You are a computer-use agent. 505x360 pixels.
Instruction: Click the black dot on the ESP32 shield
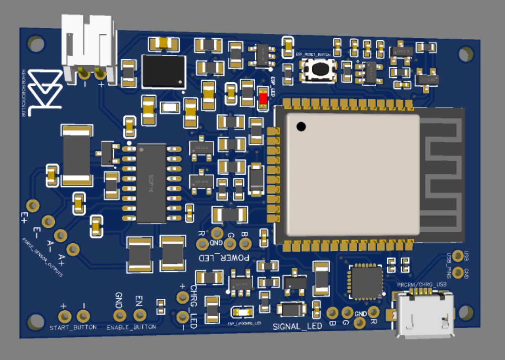300,126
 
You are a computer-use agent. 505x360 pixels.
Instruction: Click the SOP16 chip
151,183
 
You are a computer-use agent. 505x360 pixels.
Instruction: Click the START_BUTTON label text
73,328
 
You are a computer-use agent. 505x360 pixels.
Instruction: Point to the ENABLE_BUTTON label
131,327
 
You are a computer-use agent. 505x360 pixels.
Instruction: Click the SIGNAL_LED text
297,326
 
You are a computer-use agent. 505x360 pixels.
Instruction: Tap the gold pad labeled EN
140,314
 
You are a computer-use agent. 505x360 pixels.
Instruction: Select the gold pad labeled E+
32,205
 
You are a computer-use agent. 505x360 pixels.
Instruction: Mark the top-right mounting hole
465,54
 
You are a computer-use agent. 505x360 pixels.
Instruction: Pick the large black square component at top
164,72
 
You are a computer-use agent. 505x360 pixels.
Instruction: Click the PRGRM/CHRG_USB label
421,284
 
